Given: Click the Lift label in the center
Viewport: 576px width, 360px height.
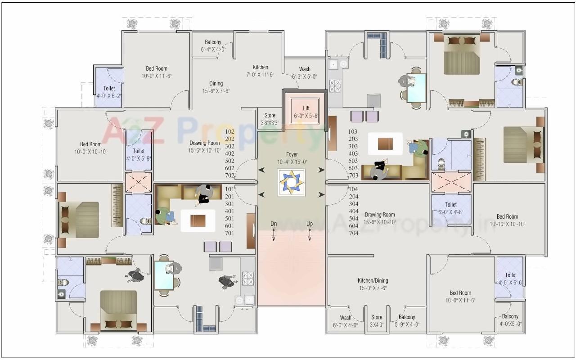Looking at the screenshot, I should tap(306, 112).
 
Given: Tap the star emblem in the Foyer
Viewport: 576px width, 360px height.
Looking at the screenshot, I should tap(292, 182).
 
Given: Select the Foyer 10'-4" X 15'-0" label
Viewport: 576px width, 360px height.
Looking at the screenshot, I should tap(292, 158).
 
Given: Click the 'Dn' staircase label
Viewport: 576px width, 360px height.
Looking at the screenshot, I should tap(274, 224).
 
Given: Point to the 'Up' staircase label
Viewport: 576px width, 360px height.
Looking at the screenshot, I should tap(310, 224).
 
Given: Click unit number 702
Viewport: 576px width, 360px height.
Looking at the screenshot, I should tap(229, 175).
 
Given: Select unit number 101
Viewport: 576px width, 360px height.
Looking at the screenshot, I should tap(229, 189).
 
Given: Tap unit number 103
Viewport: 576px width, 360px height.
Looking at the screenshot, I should tap(353, 131).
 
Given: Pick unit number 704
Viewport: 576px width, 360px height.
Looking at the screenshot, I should tap(354, 233).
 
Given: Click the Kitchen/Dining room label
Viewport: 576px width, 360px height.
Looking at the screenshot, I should tap(373, 284).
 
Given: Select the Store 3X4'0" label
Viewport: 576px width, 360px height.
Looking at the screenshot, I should tap(377, 321).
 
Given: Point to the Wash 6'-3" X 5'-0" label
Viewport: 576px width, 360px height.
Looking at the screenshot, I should tap(305, 73).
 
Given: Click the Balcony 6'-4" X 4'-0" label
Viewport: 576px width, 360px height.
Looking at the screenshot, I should tap(213, 46).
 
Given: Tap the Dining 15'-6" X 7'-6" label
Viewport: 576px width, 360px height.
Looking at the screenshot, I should tap(216, 87).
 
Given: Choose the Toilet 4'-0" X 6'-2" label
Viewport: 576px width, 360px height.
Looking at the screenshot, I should tap(109, 92).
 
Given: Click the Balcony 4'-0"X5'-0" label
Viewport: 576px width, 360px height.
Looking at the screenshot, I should tap(510, 319).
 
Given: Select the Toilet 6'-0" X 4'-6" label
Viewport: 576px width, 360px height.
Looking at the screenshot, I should tap(451, 208).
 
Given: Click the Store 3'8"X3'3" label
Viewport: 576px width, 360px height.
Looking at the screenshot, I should tap(270, 119).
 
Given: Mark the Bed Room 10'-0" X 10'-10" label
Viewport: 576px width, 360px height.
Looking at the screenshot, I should tap(91, 148).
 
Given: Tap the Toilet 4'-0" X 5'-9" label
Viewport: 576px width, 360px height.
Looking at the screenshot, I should tap(139, 154).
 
